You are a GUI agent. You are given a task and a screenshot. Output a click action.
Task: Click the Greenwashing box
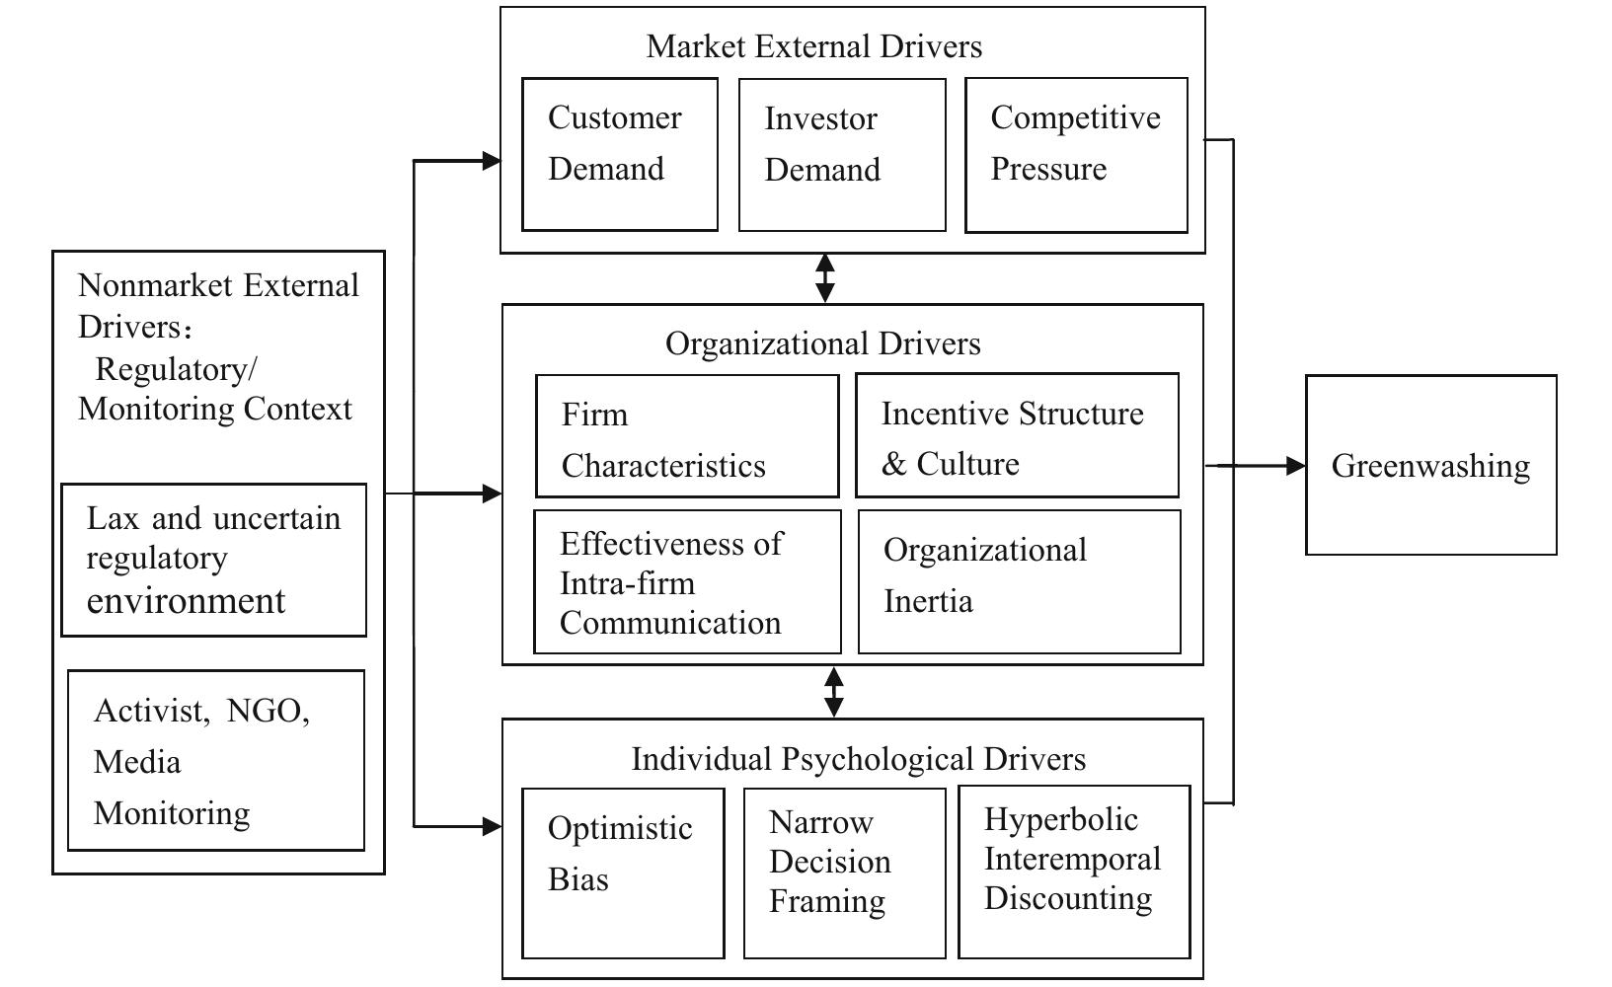1430,465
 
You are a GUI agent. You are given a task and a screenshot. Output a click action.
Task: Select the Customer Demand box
619,154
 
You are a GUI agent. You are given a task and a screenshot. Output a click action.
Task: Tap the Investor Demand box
841,155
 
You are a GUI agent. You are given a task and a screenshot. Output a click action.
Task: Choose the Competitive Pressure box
1075,155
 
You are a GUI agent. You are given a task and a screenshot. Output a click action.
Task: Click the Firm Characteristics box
686,435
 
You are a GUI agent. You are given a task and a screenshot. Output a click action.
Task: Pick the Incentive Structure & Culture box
1016,435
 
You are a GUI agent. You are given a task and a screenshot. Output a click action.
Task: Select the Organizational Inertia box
1019,581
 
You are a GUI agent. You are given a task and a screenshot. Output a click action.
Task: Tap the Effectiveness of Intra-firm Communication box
687,581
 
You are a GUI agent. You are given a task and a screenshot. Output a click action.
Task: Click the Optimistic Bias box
622,873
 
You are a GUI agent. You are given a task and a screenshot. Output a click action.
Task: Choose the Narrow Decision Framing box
844,873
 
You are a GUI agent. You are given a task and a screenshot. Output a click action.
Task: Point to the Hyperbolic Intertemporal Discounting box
1074,872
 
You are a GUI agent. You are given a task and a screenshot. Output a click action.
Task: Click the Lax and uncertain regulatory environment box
213,560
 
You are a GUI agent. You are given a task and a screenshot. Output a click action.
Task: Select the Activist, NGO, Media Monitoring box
215,760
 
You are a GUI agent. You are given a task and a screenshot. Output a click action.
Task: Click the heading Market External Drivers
814,46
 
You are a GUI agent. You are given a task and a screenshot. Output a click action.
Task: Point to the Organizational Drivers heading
822,343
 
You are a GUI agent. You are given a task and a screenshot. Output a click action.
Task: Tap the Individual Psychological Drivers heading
858,759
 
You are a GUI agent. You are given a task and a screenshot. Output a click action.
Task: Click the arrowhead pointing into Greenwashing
1295,465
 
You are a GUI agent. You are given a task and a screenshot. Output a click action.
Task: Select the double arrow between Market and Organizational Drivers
824,278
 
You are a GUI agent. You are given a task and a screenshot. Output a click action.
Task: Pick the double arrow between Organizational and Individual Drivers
833,692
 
